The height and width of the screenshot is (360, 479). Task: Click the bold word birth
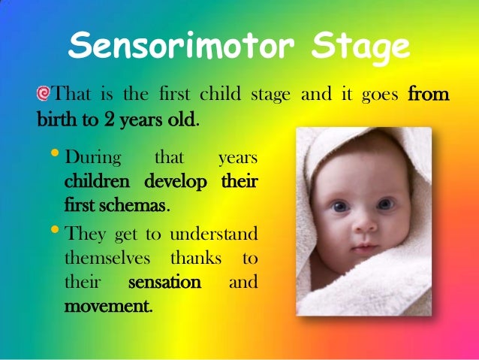tap(56, 119)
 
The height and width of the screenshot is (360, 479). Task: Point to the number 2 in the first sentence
tap(108, 119)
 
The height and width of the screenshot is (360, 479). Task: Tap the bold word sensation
tap(164, 283)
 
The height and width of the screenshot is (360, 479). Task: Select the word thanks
tap(196, 258)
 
